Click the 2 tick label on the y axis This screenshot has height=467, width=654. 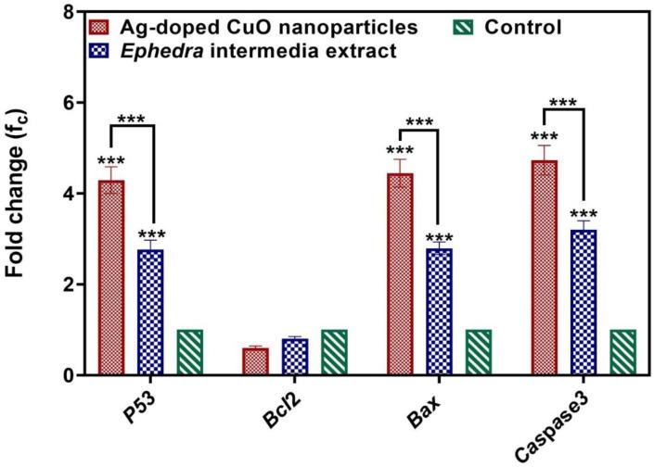coord(71,284)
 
